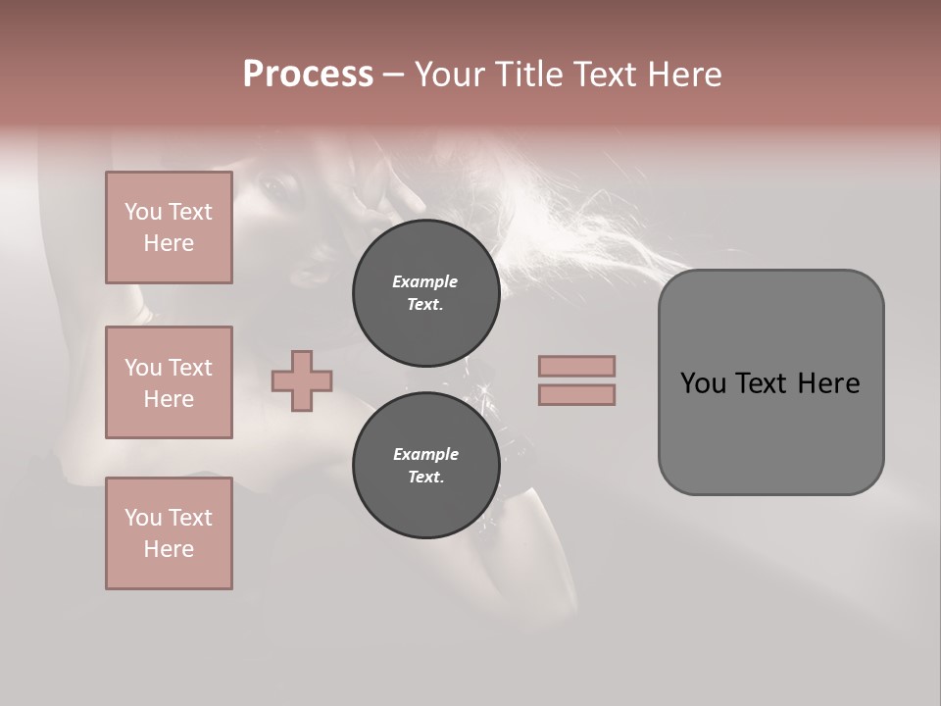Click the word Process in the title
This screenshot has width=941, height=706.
(308, 75)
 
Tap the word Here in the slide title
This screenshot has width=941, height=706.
(682, 75)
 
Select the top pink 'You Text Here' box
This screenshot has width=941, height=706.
(169, 227)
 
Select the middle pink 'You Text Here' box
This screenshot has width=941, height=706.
(169, 382)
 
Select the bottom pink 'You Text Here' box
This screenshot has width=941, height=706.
(169, 533)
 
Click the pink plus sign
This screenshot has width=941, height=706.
(302, 381)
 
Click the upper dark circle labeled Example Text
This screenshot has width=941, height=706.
(425, 292)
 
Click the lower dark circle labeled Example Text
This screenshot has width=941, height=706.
(425, 465)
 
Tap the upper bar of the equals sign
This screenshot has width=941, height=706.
(576, 366)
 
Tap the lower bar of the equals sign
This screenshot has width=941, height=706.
(576, 395)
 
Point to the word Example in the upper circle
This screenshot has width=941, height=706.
(425, 281)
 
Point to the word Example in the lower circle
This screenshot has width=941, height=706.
(425, 454)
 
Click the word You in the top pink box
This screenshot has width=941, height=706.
(142, 212)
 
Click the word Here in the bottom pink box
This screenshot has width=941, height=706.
(169, 549)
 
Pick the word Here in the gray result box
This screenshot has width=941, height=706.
(828, 383)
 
